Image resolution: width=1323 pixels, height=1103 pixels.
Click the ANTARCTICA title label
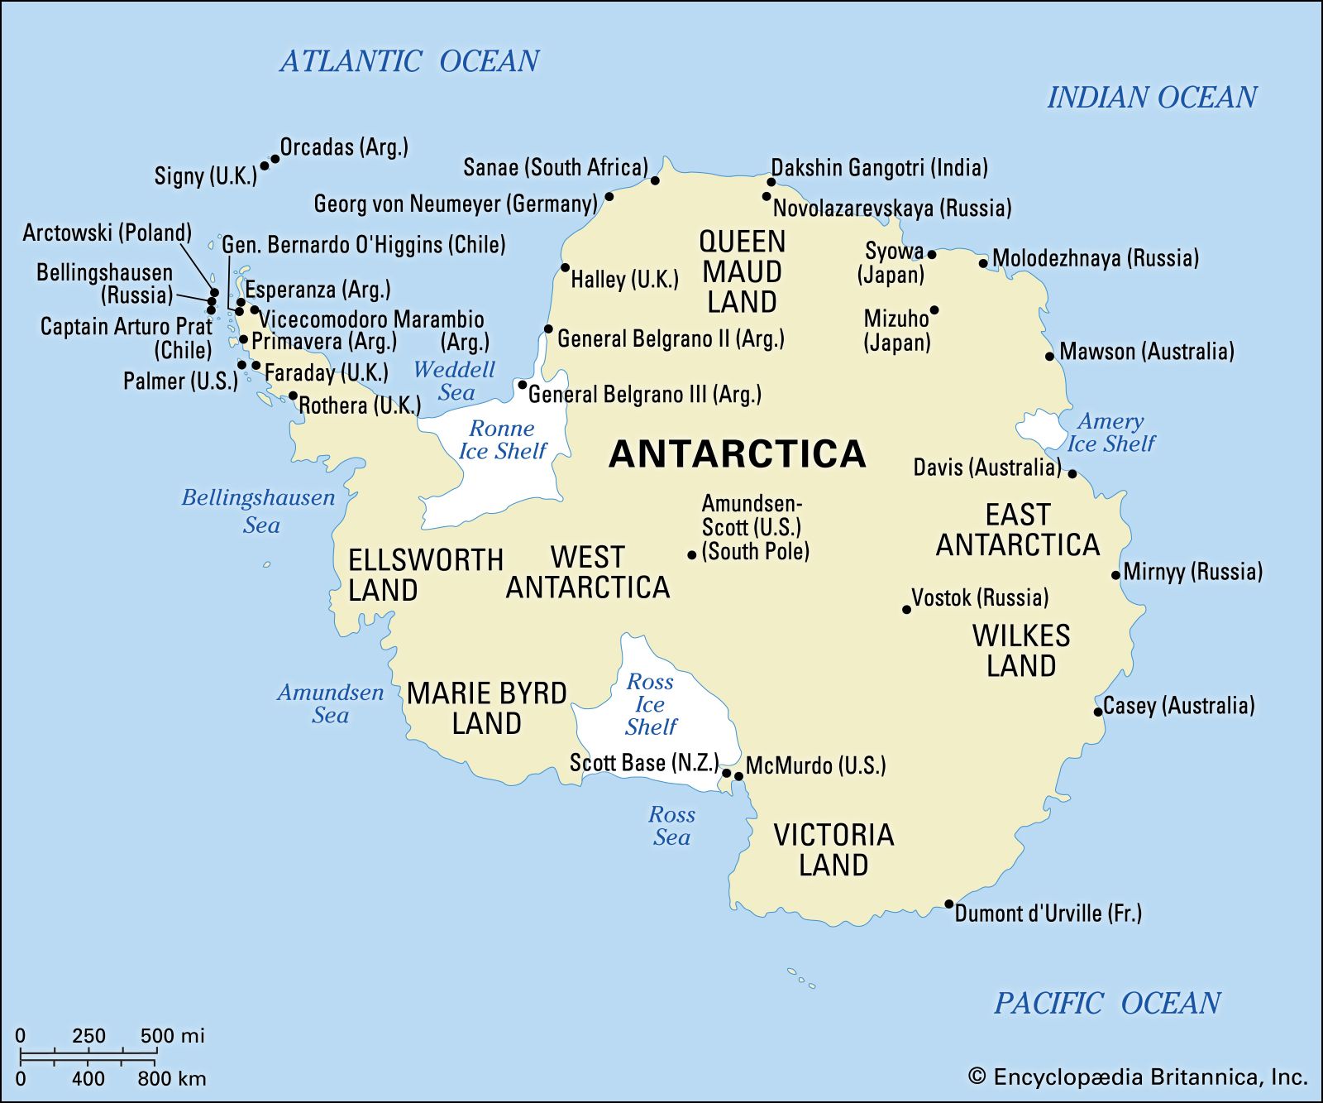click(737, 454)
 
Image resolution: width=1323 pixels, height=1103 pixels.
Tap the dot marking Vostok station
click(906, 610)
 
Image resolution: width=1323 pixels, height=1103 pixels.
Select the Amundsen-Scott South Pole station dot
click(692, 555)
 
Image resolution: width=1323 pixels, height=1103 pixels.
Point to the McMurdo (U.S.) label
click(815, 765)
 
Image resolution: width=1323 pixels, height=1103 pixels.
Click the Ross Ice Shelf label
click(651, 704)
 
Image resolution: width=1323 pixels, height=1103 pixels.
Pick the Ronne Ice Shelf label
click(502, 439)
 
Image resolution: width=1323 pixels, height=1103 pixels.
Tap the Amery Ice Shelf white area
click(1039, 428)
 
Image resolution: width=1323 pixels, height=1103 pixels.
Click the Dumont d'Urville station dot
click(949, 904)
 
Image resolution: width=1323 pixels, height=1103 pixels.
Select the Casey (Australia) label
click(1178, 706)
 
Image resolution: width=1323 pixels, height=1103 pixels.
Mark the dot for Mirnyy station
click(1115, 575)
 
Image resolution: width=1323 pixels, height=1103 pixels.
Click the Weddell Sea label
click(455, 381)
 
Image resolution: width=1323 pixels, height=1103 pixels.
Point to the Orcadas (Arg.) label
click(344, 147)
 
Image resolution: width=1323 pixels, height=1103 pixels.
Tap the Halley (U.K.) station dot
click(565, 267)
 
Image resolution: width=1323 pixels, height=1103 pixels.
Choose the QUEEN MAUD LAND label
click(742, 271)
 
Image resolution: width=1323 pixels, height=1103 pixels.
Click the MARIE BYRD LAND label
click(486, 707)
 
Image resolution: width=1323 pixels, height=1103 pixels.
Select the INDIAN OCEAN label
click(1152, 98)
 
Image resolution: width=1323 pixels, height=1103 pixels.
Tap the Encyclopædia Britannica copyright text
click(1138, 1077)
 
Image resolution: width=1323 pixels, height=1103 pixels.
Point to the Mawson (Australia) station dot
click(1050, 357)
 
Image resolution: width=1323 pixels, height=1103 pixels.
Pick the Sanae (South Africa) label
click(555, 167)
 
